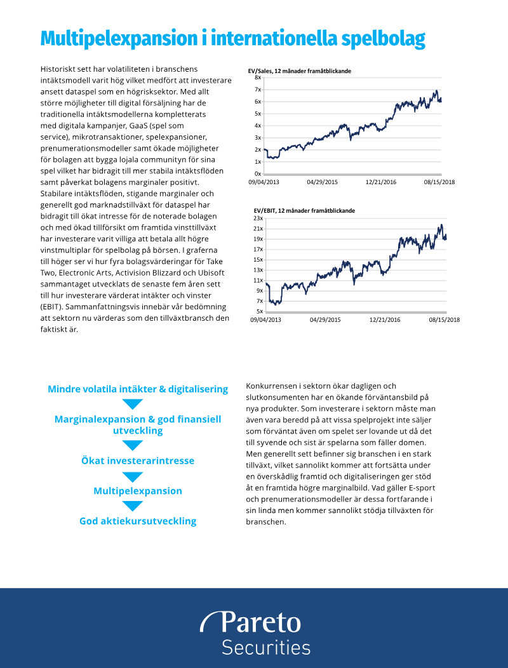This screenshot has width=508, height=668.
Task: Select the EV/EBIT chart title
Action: coord(304,210)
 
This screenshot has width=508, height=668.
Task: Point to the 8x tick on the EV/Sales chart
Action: coord(258,77)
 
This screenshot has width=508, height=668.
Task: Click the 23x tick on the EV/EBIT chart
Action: coord(258,218)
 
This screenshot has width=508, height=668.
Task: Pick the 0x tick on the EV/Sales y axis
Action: coord(258,173)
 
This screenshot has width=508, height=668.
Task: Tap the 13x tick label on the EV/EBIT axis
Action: coord(258,270)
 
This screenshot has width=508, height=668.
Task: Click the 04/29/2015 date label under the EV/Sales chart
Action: coord(322,182)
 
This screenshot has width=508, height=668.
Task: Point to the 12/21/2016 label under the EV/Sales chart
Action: coord(381,182)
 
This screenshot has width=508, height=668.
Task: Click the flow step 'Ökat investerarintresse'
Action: coord(138,460)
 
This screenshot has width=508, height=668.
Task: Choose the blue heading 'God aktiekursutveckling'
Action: coord(138,521)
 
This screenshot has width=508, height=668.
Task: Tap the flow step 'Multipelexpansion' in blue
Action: coord(138,491)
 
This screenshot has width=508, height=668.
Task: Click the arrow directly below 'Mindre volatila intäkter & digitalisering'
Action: coord(132,404)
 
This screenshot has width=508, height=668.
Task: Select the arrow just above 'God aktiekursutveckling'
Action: coord(132,506)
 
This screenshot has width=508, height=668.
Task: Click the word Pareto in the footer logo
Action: coord(260,623)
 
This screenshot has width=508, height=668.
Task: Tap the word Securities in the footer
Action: coord(265,648)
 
